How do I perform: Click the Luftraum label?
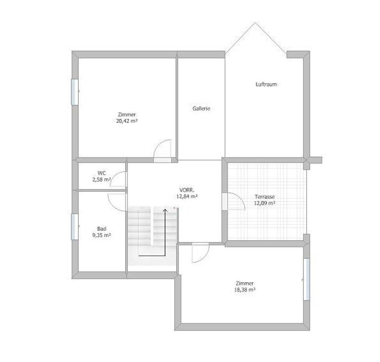(266, 84)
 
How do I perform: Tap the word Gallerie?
(201, 108)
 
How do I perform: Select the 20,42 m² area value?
(127, 121)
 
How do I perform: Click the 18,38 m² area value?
(245, 290)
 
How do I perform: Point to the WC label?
(101, 173)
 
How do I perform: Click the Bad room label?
(101, 229)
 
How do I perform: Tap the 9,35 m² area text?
(101, 235)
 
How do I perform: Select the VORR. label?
(187, 190)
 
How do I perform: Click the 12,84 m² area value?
(187, 196)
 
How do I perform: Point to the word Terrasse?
(264, 197)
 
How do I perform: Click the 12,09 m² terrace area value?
(264, 203)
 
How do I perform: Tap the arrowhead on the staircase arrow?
(165, 210)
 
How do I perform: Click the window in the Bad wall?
(75, 227)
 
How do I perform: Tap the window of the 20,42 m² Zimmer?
(75, 92)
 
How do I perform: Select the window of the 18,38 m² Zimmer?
(307, 279)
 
